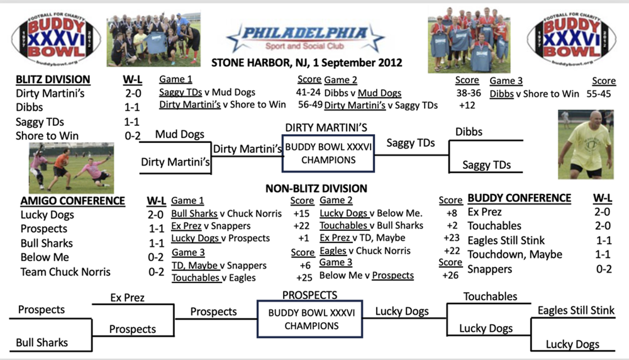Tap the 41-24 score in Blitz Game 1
click(x=308, y=93)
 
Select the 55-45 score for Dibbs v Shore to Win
click(x=599, y=94)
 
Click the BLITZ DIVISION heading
click(x=53, y=79)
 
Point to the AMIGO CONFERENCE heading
click(x=72, y=201)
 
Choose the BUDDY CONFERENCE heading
click(x=519, y=198)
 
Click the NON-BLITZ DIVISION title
click(x=316, y=189)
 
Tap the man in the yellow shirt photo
click(x=586, y=144)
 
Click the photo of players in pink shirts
click(x=72, y=168)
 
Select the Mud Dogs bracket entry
click(x=180, y=134)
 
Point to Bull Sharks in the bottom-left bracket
click(x=42, y=342)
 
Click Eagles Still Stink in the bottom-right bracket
click(x=576, y=310)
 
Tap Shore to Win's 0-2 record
click(x=132, y=136)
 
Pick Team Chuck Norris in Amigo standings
click(x=65, y=272)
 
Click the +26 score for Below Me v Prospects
click(x=450, y=275)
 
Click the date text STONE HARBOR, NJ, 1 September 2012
click(x=306, y=62)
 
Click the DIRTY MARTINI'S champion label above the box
click(x=326, y=128)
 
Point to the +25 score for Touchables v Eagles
click(x=304, y=278)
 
